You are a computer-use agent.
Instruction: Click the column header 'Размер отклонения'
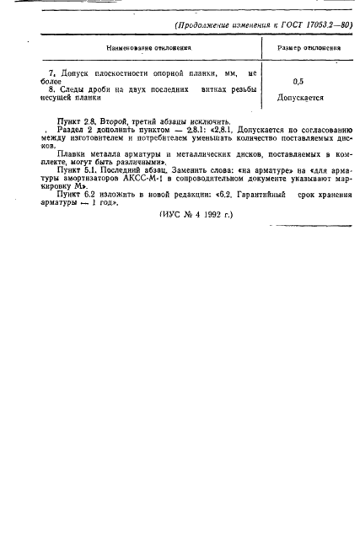point(309,47)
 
